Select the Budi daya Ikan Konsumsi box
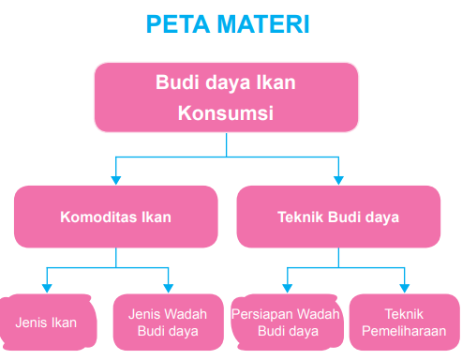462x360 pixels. click(x=226, y=97)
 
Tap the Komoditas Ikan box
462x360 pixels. click(x=115, y=217)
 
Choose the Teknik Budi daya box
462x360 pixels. click(x=338, y=217)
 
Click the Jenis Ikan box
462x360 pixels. click(x=46, y=322)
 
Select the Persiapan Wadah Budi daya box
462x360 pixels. click(x=285, y=322)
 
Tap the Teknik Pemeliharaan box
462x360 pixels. click(x=404, y=322)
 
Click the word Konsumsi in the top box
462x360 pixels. click(x=226, y=113)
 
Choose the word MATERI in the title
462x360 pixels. click(x=263, y=22)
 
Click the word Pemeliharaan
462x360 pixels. click(x=404, y=331)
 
